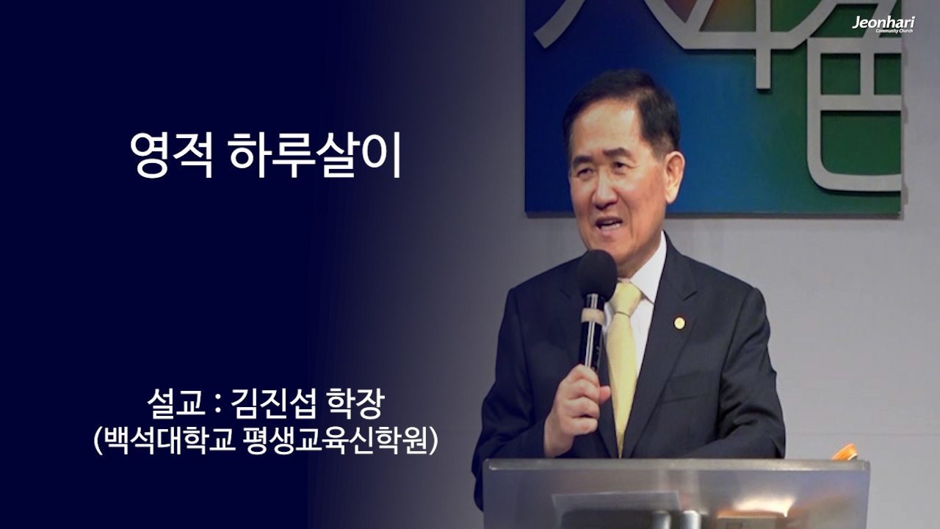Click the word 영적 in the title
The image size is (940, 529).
[172, 156]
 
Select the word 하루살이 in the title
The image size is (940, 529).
[316, 156]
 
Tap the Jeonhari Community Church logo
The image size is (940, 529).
[883, 24]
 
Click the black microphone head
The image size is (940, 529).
[596, 275]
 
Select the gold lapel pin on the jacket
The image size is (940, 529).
[679, 323]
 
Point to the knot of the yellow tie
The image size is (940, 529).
[625, 298]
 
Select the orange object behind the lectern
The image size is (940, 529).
[846, 453]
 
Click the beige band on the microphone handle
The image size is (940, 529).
[592, 317]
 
